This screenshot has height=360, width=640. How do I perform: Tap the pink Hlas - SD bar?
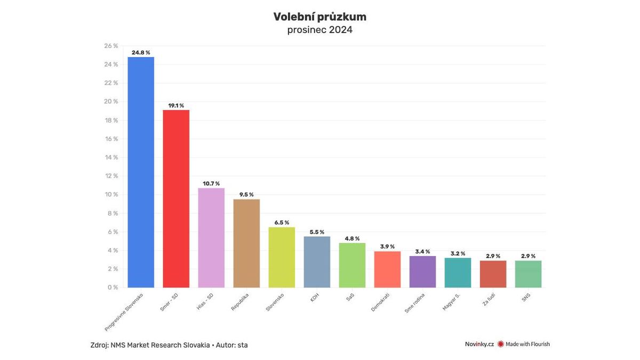pos(211,238)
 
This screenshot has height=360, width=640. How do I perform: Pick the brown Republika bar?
pos(246,243)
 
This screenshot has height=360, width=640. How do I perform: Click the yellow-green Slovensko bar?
pos(282,257)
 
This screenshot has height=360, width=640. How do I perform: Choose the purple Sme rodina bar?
pos(422,271)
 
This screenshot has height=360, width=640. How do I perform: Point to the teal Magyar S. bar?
pos(458,273)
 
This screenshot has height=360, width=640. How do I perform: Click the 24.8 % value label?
pos(141,53)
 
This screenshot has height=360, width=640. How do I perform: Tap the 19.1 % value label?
pos(176,106)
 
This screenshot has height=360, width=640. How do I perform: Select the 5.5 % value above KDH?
pos(317,232)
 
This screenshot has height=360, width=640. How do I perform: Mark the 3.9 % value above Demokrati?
pos(387,246)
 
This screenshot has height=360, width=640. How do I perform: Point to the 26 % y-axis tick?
pos(111,46)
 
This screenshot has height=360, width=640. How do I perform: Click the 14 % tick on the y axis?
pos(111,157)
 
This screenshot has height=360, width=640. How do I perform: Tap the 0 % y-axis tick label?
pos(112,287)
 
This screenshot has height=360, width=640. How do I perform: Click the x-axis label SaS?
pos(350,296)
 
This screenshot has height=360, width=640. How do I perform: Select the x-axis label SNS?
pos(526,297)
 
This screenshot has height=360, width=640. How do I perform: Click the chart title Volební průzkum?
pos(319,17)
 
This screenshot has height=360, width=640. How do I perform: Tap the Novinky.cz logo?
pos(479,344)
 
